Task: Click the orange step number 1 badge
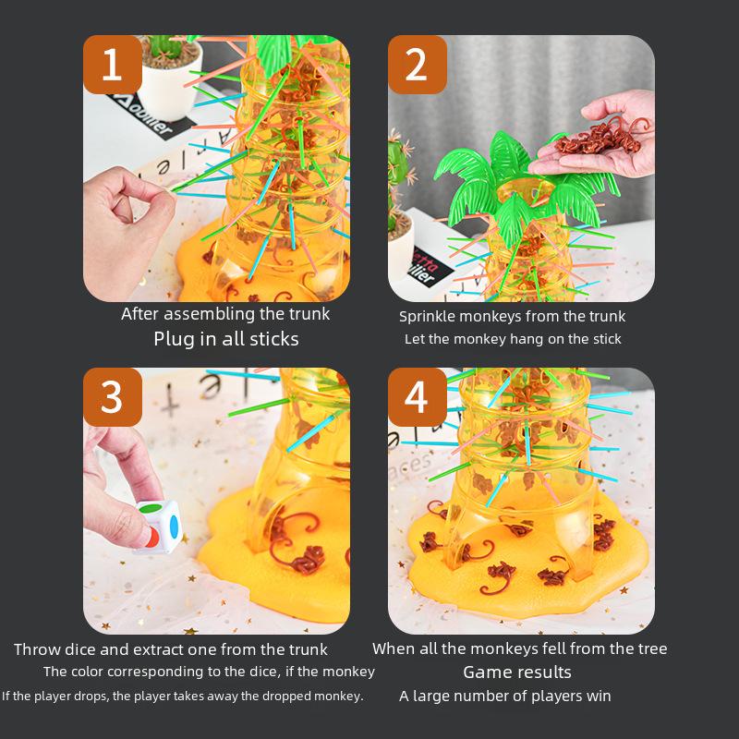point(113,65)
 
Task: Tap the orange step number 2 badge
point(417,65)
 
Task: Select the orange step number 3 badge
point(113,397)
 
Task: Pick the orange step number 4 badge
point(417,397)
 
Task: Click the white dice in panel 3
point(158,526)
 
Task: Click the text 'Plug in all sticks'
point(226,339)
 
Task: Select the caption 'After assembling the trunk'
point(225,314)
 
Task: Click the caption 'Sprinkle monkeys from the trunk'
point(512,316)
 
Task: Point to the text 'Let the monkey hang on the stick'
point(513,339)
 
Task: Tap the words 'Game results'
point(517,672)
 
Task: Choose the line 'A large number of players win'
point(505,696)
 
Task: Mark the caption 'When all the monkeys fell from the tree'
point(519,648)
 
